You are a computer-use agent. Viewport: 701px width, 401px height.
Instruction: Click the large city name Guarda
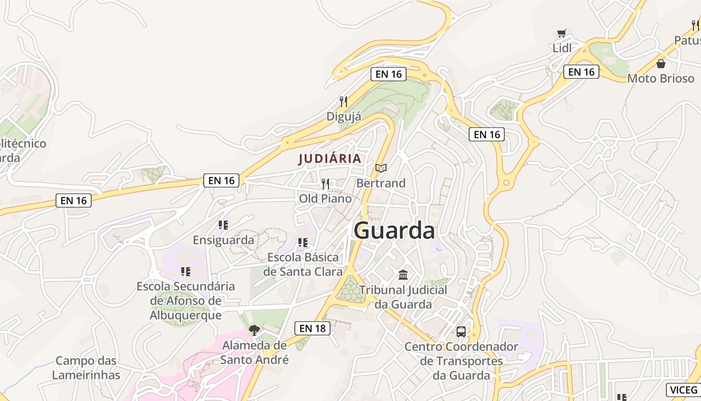click(x=394, y=231)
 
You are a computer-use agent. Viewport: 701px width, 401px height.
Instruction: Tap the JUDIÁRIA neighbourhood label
click(x=329, y=159)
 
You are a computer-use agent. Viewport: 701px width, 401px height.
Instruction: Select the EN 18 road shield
click(x=312, y=328)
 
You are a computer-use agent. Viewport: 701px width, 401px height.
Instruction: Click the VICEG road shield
click(x=683, y=390)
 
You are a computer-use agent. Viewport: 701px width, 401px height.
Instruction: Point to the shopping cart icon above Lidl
click(x=561, y=34)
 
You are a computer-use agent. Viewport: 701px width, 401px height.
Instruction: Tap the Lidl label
click(x=562, y=48)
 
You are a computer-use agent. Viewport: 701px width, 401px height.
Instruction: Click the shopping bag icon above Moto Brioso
click(x=661, y=64)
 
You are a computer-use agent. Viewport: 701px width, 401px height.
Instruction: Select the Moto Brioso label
click(x=661, y=79)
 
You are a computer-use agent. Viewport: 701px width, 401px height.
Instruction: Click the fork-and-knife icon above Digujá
click(x=343, y=102)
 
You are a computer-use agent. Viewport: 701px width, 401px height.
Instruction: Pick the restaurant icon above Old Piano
click(x=325, y=184)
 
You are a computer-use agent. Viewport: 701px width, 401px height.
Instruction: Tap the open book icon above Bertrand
click(x=381, y=168)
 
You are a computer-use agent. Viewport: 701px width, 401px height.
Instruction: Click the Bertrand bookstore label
click(x=381, y=183)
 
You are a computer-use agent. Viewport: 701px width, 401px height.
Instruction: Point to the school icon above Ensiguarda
click(x=223, y=225)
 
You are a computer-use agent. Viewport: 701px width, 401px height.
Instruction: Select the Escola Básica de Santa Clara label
click(x=303, y=265)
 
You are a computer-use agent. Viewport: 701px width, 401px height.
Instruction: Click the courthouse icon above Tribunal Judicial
click(x=403, y=275)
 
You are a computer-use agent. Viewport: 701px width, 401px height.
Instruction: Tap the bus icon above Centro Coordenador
click(x=461, y=331)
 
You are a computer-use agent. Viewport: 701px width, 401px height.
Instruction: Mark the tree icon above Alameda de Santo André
click(x=254, y=330)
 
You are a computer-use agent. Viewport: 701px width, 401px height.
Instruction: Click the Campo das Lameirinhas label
click(x=86, y=368)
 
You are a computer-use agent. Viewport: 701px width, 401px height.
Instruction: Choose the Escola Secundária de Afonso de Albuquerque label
click(x=186, y=301)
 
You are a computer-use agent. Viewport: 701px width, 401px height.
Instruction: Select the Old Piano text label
click(x=325, y=199)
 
